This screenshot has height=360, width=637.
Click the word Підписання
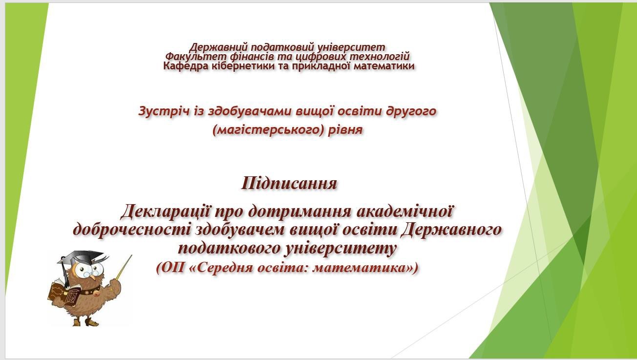[x=289, y=183]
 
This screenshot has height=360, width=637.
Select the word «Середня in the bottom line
[x=221, y=268]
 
